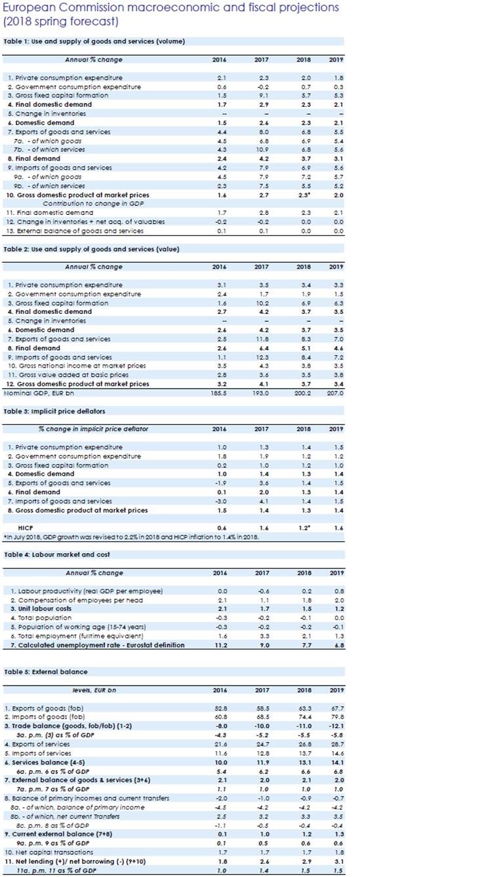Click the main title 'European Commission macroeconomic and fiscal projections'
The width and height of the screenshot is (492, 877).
point(171,8)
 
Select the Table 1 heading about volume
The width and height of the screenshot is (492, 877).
point(94,41)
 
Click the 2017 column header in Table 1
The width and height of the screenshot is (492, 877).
point(261,60)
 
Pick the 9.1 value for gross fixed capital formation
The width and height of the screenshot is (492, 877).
point(261,95)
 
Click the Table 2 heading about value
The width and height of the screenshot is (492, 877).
point(92,249)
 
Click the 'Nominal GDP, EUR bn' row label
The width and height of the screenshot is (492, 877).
point(40,393)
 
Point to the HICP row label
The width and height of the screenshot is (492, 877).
point(26,527)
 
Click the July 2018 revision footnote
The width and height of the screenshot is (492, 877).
point(132,537)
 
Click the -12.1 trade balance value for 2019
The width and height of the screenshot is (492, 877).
point(337,726)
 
